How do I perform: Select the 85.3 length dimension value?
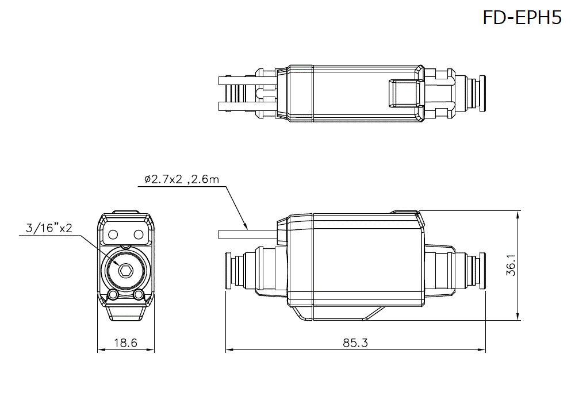tap(355, 343)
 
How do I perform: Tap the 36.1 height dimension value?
tap(511, 266)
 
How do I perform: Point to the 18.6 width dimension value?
tap(125, 343)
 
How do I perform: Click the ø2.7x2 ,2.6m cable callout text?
tap(182, 179)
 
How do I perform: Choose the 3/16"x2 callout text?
tap(49, 228)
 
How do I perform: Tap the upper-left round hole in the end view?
tap(113, 234)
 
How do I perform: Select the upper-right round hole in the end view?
tap(138, 234)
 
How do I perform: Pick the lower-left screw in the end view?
tap(113, 295)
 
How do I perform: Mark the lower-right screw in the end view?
tap(138, 295)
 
